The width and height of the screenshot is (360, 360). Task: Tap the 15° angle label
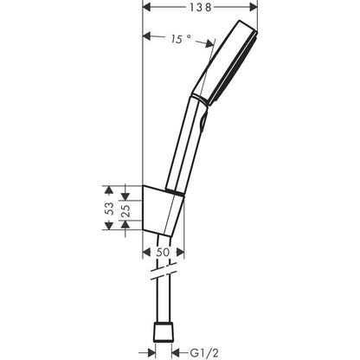(178, 38)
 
